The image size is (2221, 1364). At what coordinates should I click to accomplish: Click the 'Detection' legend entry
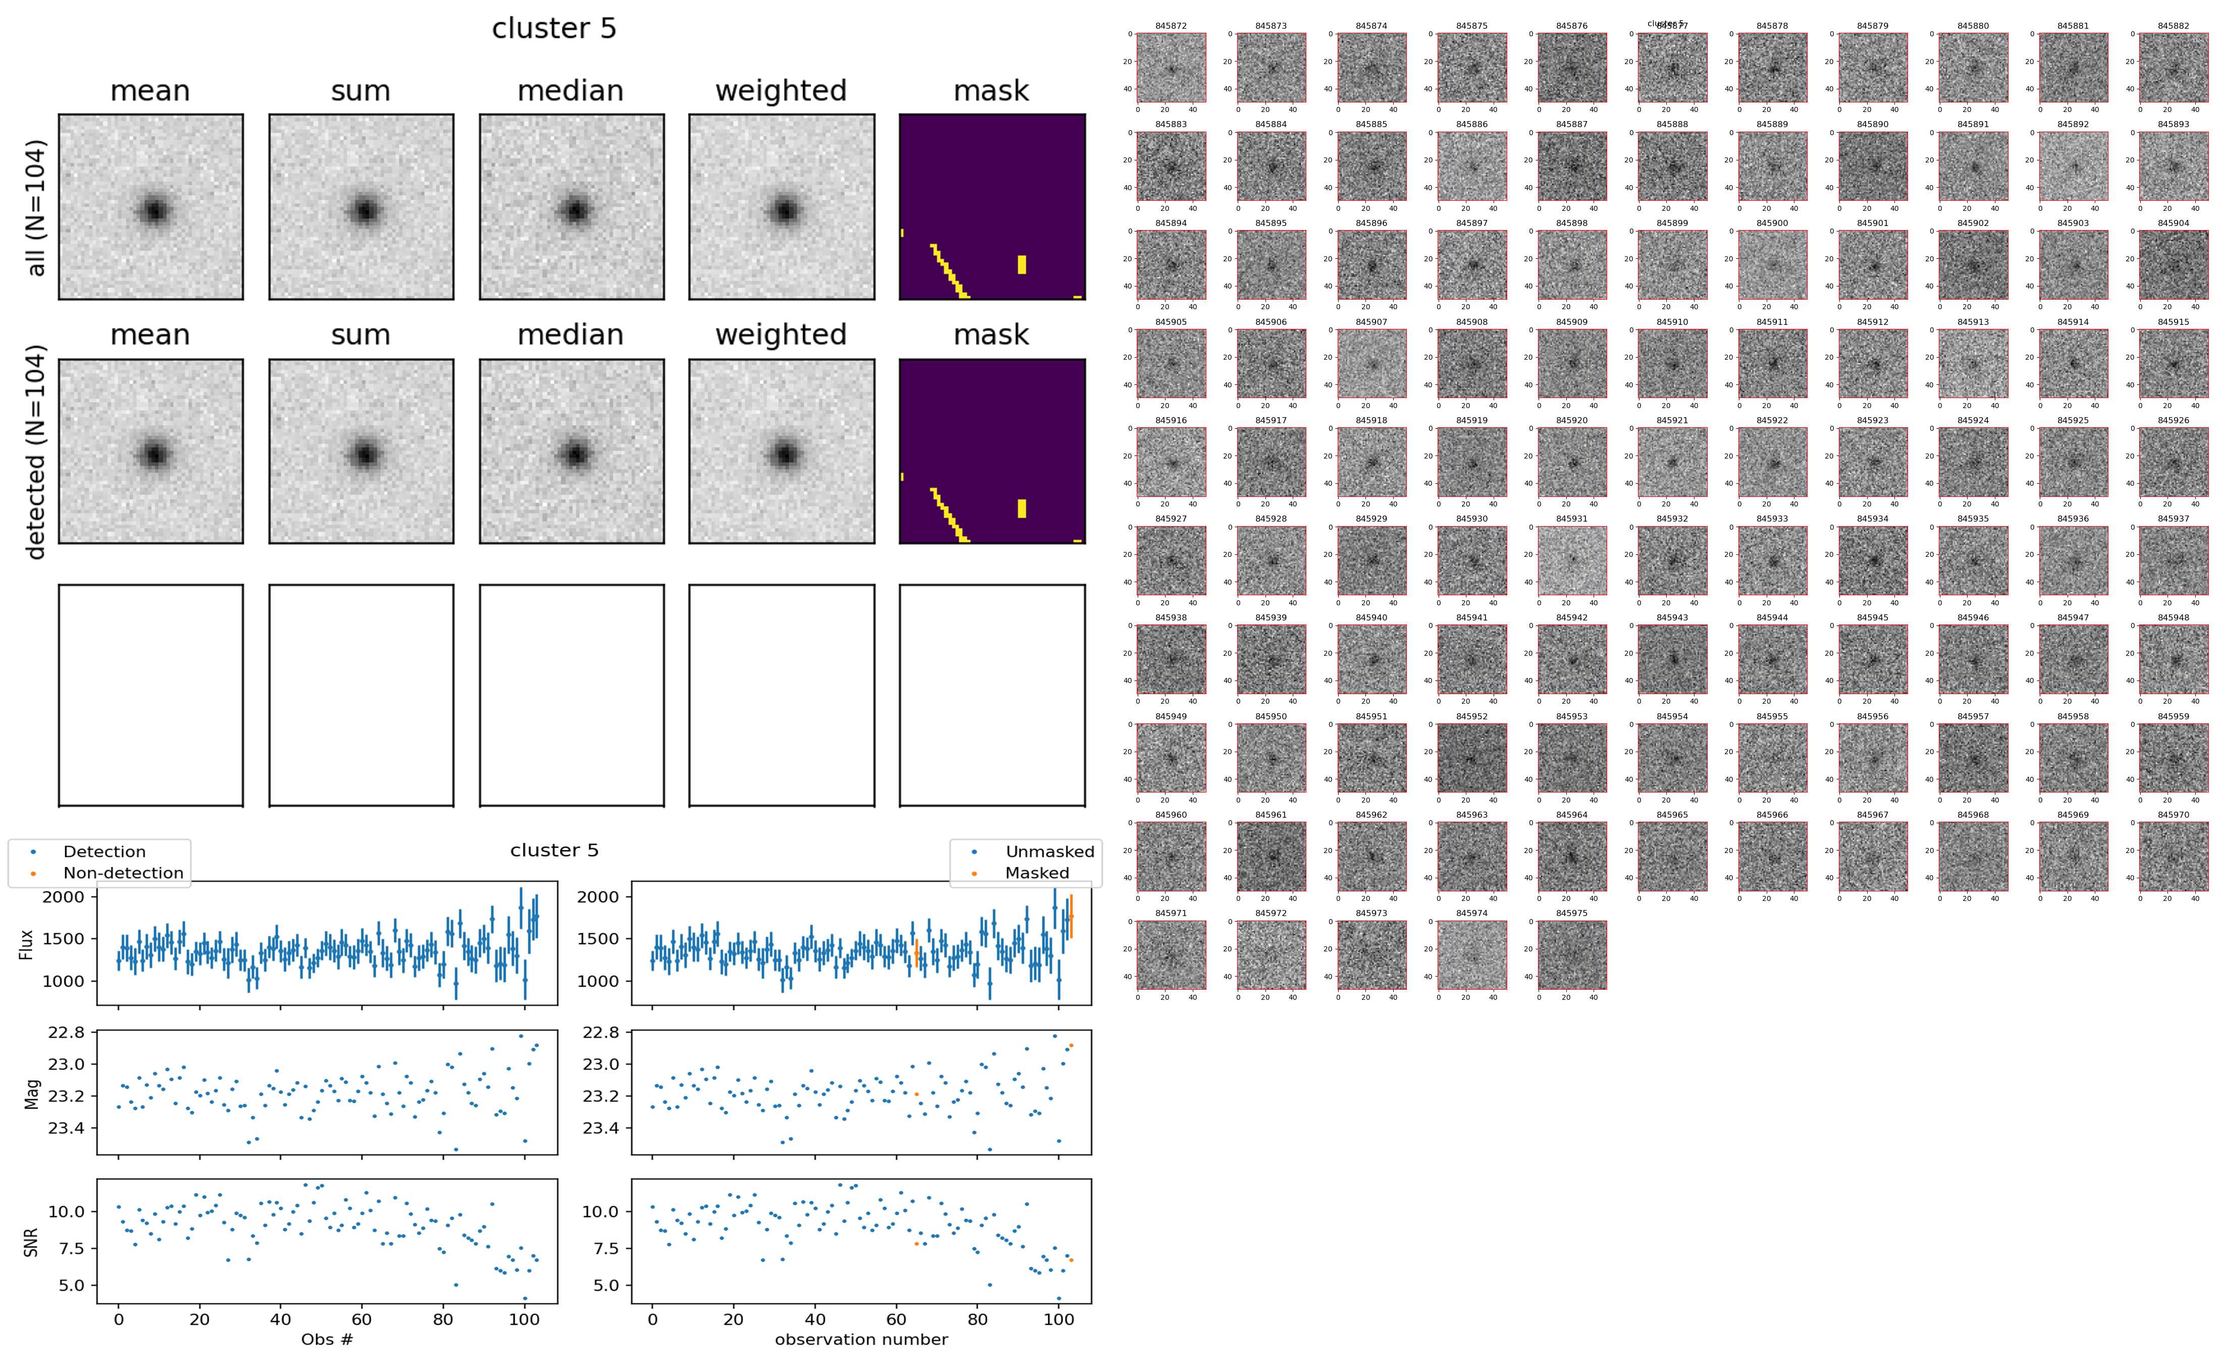click(104, 851)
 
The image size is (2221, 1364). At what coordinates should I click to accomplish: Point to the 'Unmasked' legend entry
click(1049, 851)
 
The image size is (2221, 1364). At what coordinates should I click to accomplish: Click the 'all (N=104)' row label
click(36, 207)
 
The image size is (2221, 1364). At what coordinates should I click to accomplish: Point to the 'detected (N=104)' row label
click(36, 451)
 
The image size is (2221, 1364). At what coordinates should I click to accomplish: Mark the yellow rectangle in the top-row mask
click(1022, 264)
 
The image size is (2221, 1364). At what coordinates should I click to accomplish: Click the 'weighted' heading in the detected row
click(781, 334)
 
